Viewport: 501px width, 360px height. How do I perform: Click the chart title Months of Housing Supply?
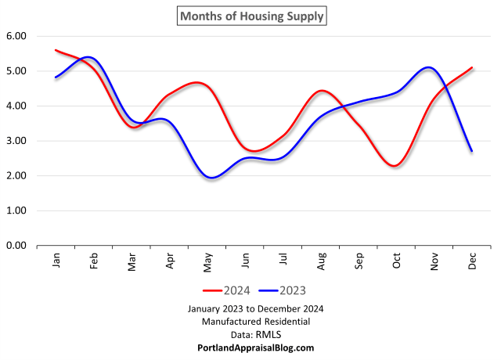250,15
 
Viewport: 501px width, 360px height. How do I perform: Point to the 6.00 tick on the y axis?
16,36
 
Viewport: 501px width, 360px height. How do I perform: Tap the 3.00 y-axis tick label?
16,141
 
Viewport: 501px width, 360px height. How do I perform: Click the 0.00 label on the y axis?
16,246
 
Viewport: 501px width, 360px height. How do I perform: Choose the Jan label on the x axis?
56,260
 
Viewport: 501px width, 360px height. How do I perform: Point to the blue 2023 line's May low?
211,178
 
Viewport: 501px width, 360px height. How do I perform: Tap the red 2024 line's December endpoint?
472,67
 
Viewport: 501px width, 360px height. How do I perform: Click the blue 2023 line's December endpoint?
472,151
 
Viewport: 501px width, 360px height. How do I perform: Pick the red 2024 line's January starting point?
56,50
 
